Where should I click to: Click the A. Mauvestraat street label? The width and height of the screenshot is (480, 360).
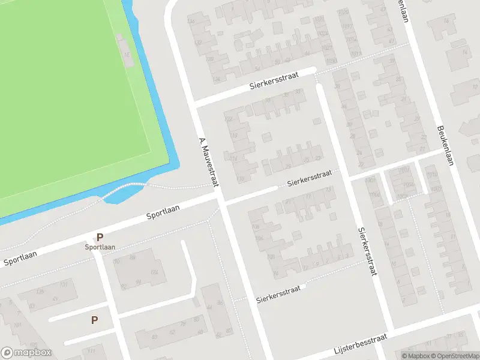208,163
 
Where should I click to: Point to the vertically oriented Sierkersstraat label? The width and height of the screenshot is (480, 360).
368,250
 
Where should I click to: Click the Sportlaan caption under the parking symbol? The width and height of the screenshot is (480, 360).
100,247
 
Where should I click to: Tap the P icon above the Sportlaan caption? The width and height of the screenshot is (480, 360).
100,237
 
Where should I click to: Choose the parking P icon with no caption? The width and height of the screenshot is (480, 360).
94,320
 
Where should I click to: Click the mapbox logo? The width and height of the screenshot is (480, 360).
26,353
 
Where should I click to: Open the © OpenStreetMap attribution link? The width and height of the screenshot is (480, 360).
454,356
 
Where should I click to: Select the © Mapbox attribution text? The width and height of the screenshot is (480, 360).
415,356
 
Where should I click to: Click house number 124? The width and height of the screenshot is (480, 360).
154,273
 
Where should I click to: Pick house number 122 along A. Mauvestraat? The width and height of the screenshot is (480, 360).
229,119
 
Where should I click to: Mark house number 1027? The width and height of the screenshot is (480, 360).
326,47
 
